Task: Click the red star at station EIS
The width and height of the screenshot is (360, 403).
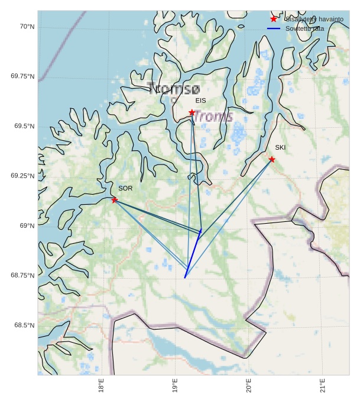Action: click(x=192, y=112)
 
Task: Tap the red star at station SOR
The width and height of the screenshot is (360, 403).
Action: click(x=114, y=200)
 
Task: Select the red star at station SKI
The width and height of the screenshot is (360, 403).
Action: click(x=271, y=159)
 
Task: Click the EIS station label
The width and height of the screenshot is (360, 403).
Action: click(x=201, y=101)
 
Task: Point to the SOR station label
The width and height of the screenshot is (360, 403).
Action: click(x=125, y=188)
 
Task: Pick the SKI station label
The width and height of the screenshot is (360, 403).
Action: click(x=280, y=147)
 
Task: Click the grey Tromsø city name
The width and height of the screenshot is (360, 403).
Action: click(x=174, y=89)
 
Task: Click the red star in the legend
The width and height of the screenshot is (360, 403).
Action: click(x=273, y=20)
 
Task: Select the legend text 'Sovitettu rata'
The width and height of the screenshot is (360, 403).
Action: click(x=304, y=28)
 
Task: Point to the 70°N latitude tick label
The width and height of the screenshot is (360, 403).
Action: click(x=27, y=27)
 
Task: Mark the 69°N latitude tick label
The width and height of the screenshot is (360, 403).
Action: click(x=27, y=225)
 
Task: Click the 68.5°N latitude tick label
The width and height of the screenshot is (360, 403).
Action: click(x=24, y=325)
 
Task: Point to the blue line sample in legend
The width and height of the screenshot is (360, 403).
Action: click(x=273, y=28)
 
